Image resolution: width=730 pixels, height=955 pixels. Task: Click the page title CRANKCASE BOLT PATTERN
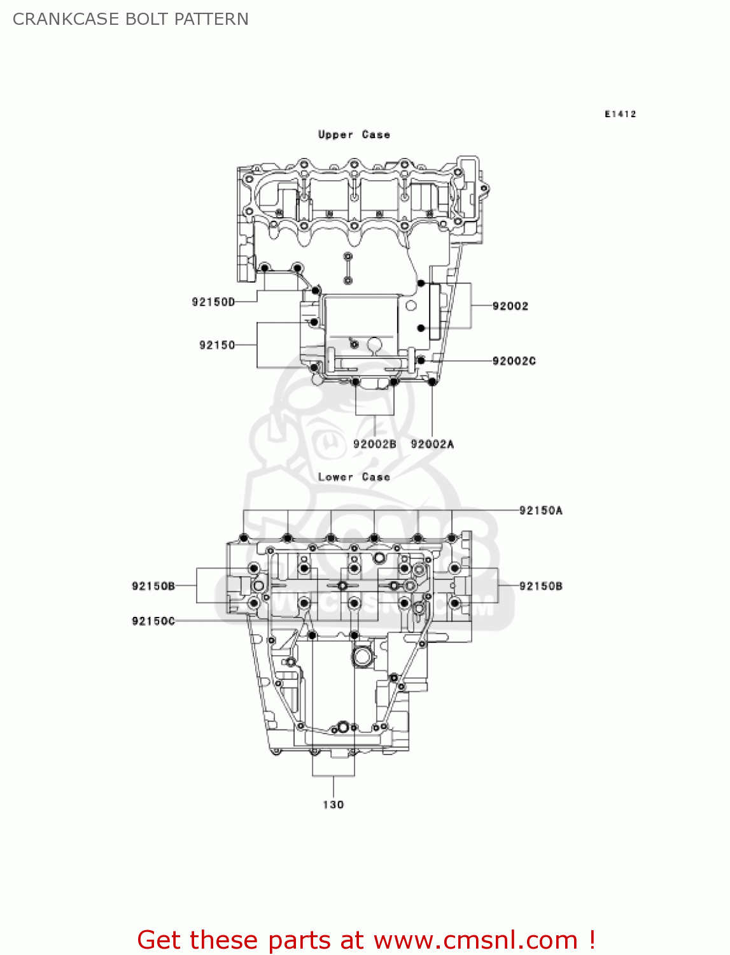pyautogui.click(x=130, y=19)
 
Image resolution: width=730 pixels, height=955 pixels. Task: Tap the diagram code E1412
pyautogui.click(x=620, y=114)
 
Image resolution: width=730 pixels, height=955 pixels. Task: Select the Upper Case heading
pyautogui.click(x=354, y=134)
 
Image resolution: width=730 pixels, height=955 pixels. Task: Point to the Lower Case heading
pyautogui.click(x=354, y=477)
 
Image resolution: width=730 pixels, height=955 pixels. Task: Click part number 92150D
pyautogui.click(x=213, y=302)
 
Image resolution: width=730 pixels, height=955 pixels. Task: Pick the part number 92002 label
pyautogui.click(x=510, y=306)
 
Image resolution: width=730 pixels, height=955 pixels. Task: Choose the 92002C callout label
pyautogui.click(x=514, y=361)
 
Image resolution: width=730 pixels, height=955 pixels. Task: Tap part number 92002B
pyautogui.click(x=374, y=444)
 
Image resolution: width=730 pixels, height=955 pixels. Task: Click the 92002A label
pyautogui.click(x=432, y=444)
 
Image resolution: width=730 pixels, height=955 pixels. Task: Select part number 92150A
pyautogui.click(x=540, y=510)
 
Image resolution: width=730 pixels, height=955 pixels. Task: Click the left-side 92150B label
pyautogui.click(x=153, y=586)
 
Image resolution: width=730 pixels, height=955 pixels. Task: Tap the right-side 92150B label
pyautogui.click(x=540, y=586)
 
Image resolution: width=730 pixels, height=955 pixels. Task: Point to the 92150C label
pyautogui.click(x=153, y=621)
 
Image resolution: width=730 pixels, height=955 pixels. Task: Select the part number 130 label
pyautogui.click(x=333, y=805)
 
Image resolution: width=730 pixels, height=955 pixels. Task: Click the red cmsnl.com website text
pyautogui.click(x=366, y=940)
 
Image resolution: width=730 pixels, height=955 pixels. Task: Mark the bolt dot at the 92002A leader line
pyautogui.click(x=432, y=381)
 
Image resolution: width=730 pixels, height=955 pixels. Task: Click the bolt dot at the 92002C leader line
pyautogui.click(x=421, y=360)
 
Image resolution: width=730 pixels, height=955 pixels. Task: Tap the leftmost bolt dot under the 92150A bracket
pyautogui.click(x=243, y=538)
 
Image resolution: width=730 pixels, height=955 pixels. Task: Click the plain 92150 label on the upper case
pyautogui.click(x=217, y=345)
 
